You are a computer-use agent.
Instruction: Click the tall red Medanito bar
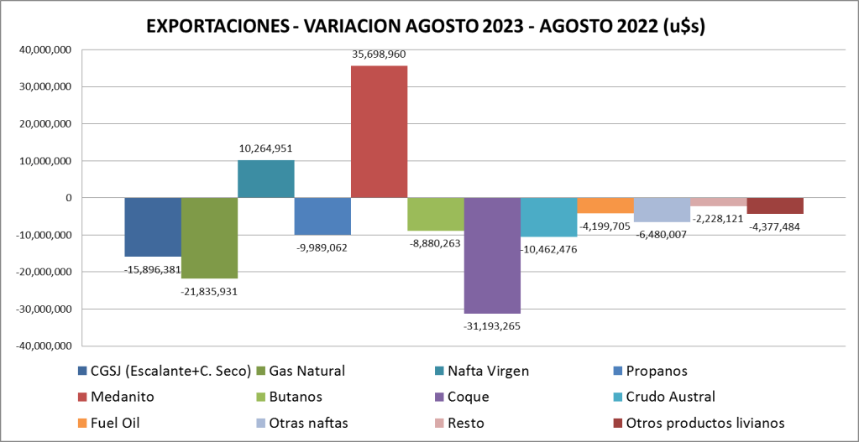point(379,132)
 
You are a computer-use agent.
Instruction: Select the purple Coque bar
point(492,255)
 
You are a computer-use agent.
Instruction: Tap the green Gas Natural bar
point(209,238)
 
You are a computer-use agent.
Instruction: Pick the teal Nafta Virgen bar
point(265,179)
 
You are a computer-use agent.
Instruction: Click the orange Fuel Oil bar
point(605,205)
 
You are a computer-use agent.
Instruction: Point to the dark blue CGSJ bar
point(153,226)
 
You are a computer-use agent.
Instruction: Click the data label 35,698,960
point(379,55)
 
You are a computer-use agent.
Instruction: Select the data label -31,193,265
point(491,325)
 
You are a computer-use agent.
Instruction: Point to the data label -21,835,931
point(209,291)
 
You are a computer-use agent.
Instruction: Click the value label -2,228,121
point(718,218)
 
